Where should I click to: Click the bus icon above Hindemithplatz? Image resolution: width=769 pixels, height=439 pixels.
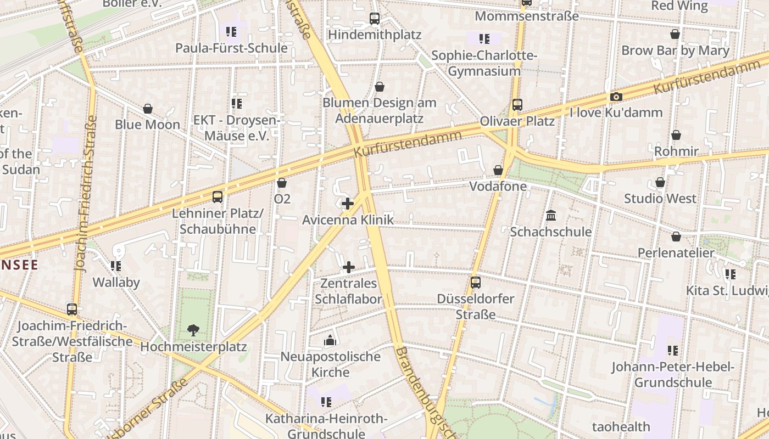(x=375, y=19)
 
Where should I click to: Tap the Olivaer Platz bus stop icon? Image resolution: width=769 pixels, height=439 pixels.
(x=517, y=104)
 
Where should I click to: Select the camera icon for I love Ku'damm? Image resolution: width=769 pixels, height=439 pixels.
(x=616, y=97)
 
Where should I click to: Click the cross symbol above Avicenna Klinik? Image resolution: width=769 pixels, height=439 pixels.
(x=348, y=204)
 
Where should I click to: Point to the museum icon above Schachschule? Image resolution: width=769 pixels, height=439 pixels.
(x=551, y=216)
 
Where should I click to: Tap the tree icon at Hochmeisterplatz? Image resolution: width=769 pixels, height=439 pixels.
(x=193, y=330)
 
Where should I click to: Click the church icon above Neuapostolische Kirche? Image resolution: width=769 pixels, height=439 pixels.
(x=330, y=341)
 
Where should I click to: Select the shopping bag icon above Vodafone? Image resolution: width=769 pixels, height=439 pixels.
(x=498, y=171)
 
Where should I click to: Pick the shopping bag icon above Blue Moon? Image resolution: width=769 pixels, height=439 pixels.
(x=147, y=109)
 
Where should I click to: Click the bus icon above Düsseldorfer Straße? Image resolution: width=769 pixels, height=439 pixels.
(x=476, y=283)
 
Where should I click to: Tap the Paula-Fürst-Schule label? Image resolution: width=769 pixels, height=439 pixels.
(x=231, y=48)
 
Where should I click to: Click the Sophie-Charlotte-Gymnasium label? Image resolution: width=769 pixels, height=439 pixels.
(x=484, y=63)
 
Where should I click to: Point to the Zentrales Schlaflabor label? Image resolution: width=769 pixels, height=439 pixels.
(x=348, y=291)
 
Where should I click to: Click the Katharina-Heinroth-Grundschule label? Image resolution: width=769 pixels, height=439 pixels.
(x=326, y=426)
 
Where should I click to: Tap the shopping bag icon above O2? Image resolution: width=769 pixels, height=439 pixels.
(x=282, y=183)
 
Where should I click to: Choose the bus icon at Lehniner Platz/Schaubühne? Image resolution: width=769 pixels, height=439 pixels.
(x=218, y=196)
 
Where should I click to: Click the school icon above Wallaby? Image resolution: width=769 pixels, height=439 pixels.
(x=116, y=266)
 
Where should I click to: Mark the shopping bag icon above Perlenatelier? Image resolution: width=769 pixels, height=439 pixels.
(x=676, y=237)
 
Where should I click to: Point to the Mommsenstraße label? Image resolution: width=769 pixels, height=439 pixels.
(x=527, y=16)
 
